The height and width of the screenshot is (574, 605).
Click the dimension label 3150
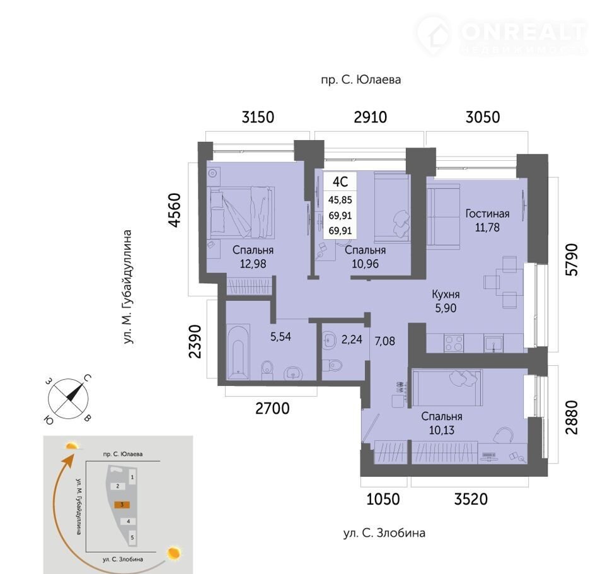coord(258,117)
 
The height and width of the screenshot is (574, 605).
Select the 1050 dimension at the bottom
coord(383,499)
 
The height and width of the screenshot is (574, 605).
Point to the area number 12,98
coord(253,264)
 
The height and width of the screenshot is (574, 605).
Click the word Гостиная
coord(487,214)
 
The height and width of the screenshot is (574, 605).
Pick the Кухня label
coord(446,295)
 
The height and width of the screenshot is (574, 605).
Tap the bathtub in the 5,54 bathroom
coord(238,352)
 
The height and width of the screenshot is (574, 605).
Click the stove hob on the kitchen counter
coord(454,343)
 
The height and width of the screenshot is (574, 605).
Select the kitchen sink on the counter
coord(494,343)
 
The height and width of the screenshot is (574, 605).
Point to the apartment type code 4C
coord(340,181)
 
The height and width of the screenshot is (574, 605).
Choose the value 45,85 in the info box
coord(340,200)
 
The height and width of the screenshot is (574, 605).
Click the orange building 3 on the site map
coord(122,505)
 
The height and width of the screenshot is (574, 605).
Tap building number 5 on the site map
coord(132,537)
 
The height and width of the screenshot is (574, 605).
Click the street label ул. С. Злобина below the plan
coord(384,533)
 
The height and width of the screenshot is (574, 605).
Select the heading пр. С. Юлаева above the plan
coord(360,80)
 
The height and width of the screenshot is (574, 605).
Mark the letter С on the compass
coord(88,378)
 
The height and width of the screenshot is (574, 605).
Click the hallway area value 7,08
coord(384,341)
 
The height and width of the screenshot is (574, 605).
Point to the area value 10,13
coord(442,430)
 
